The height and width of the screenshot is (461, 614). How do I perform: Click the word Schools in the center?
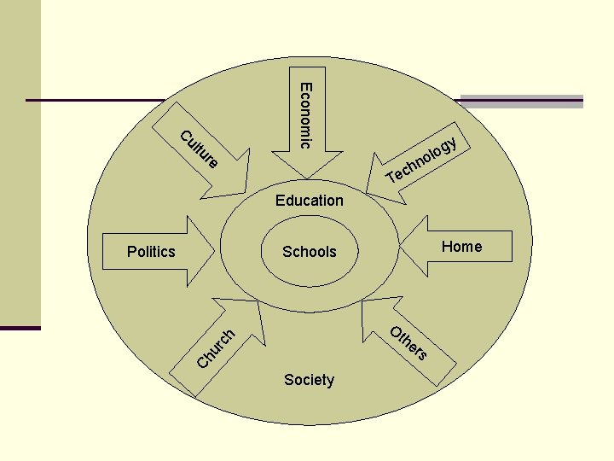(310, 252)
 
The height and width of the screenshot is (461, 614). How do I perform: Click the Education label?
(310, 201)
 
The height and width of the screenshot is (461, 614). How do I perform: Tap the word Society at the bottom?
(309, 380)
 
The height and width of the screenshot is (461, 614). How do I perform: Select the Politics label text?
(151, 251)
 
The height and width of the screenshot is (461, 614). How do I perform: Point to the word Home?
(462, 247)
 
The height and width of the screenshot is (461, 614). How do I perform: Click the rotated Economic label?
(305, 115)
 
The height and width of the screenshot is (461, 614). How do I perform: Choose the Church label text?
(215, 349)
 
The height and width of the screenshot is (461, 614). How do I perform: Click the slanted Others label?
(408, 342)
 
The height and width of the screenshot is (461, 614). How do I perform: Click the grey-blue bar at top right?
(521, 101)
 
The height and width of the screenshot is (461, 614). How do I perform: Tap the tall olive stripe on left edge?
(20, 162)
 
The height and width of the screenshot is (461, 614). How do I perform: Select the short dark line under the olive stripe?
(20, 328)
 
